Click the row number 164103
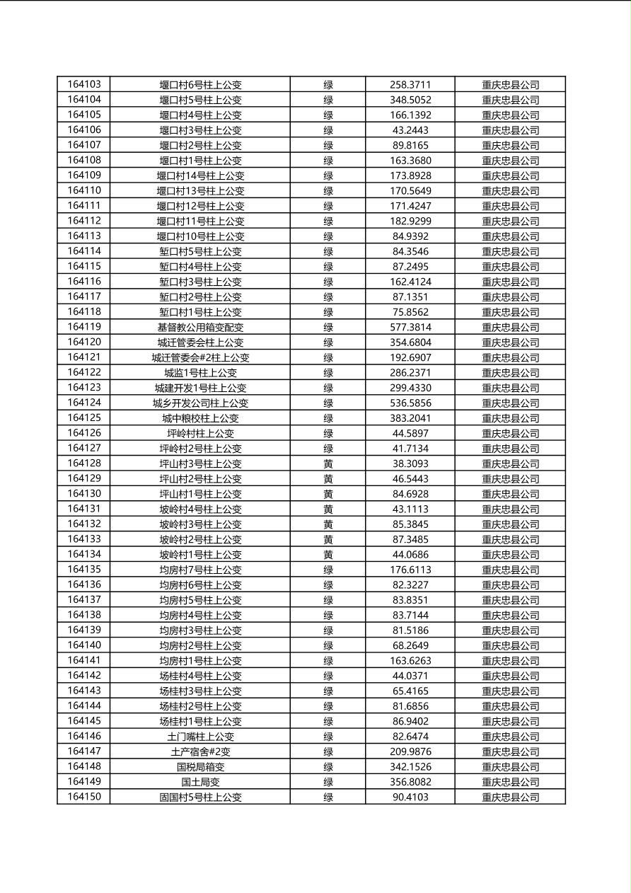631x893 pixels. (x=84, y=84)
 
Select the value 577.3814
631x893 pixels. (x=410, y=327)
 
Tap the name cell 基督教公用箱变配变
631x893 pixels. (x=200, y=327)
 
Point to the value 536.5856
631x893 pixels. (x=410, y=403)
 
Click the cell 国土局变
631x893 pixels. (x=200, y=782)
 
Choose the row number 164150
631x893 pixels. (x=84, y=797)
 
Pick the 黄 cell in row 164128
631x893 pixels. (x=328, y=463)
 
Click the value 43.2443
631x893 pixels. (x=410, y=130)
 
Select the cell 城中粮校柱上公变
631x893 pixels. (x=200, y=418)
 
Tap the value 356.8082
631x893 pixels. (x=410, y=782)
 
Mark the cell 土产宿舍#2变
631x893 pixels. (x=200, y=751)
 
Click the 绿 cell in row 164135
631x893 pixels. (x=328, y=570)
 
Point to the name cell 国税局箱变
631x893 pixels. (x=200, y=766)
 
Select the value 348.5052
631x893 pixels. (x=410, y=100)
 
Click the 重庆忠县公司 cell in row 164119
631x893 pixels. (x=510, y=327)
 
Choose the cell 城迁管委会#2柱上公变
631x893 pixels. (x=200, y=357)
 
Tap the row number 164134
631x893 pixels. (x=84, y=554)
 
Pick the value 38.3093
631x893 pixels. (x=410, y=463)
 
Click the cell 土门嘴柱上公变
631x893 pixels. (x=200, y=737)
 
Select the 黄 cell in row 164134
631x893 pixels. (x=328, y=554)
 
